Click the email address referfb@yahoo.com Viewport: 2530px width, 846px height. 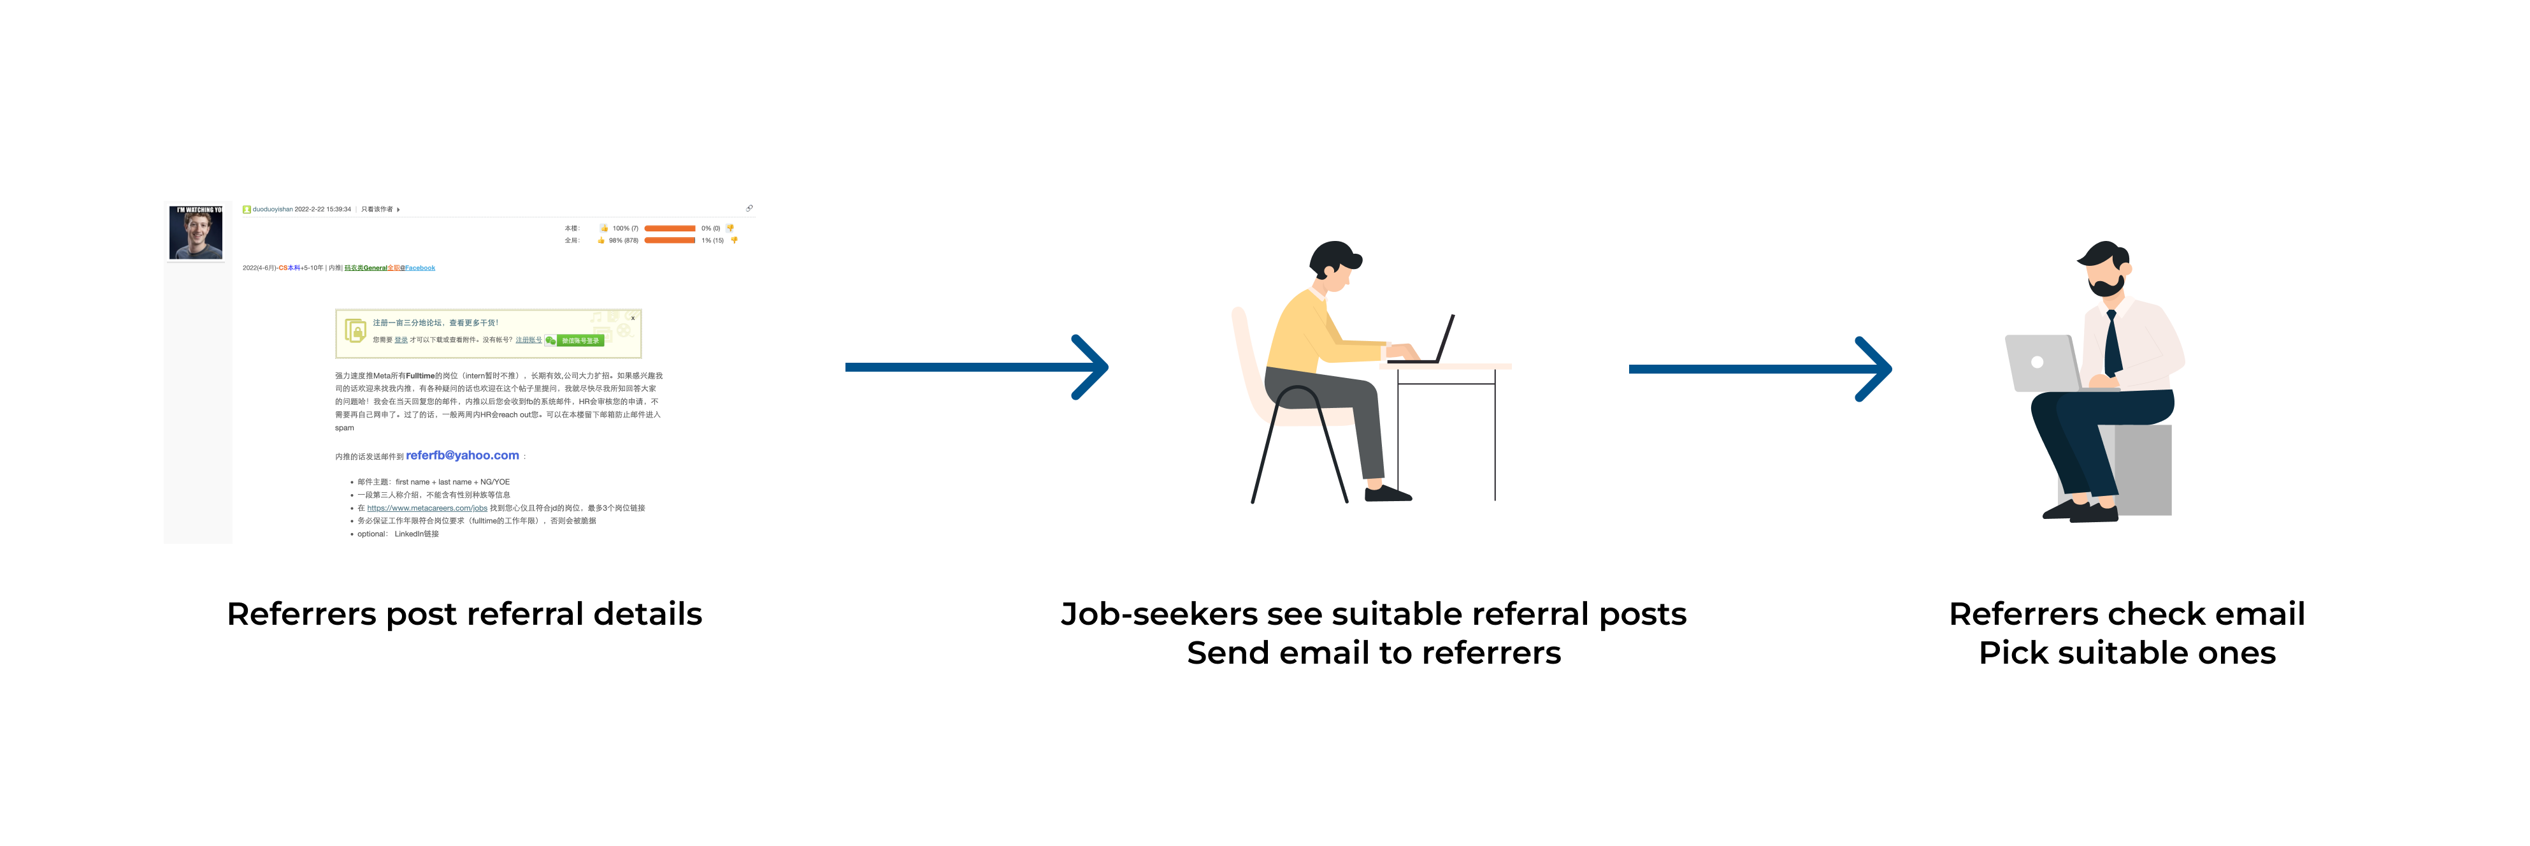pos(462,456)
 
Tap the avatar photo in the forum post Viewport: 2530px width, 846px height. pos(196,233)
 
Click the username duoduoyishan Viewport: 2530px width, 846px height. pos(272,209)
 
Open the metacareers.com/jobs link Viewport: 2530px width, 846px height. pos(428,508)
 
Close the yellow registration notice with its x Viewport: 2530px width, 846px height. pos(633,318)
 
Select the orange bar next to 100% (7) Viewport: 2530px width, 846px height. pos(670,228)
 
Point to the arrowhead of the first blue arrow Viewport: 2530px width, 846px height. pos(1095,367)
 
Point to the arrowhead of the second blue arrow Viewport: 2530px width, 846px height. pos(1879,370)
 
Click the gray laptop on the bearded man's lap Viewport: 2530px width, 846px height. pos(2043,363)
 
